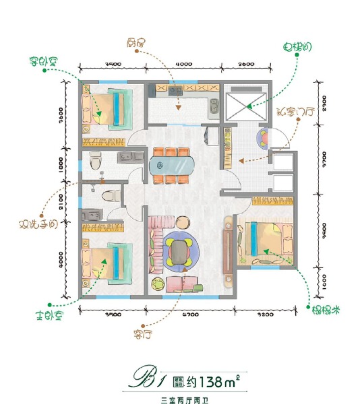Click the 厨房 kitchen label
pyautogui.click(x=136, y=42)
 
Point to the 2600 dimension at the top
pyautogui.click(x=247, y=64)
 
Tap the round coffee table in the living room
pyautogui.click(x=180, y=250)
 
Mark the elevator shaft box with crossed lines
pyautogui.click(x=246, y=102)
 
